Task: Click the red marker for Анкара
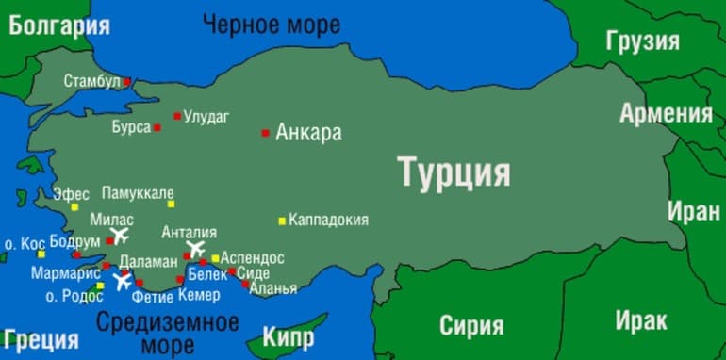coord(266,133)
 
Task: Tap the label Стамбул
coord(92,82)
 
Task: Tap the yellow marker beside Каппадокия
coord(282,221)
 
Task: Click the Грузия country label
coord(643,41)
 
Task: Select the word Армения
coord(666,114)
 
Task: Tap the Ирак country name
coord(641,320)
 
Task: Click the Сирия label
coord(470,326)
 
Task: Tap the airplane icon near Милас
coord(120,236)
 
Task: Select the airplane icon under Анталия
coord(195,250)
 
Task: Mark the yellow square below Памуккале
coord(171,204)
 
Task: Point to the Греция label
coord(41,338)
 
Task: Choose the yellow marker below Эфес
coord(74,206)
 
